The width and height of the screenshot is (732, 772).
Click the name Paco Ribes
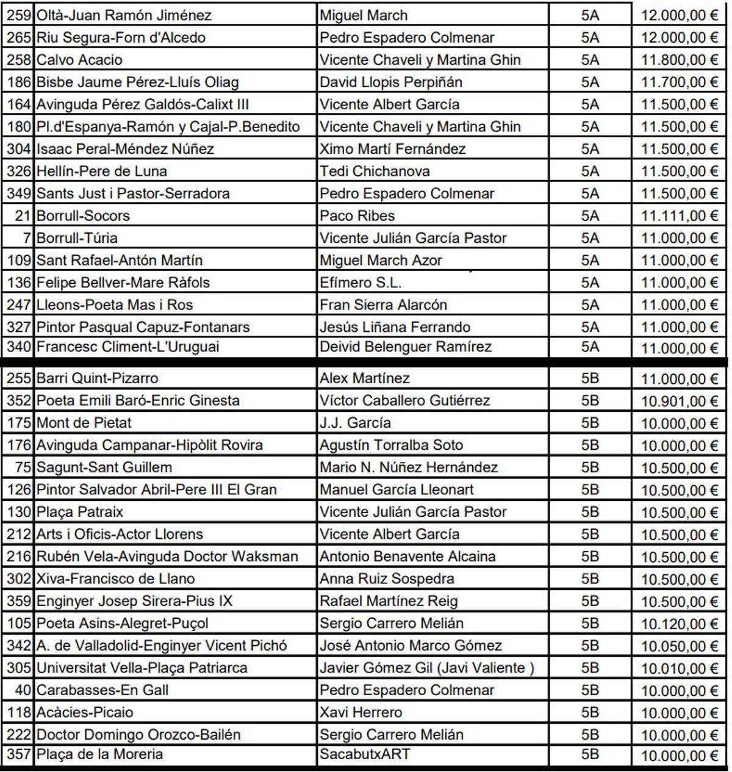pos(357,215)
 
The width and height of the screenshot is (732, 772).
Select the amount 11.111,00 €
pos(679,216)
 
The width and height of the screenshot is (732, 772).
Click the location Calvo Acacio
pos(79,60)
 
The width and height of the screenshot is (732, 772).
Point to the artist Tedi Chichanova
pos(375,171)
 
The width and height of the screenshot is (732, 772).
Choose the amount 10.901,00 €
pos(679,401)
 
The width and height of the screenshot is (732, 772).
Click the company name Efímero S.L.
pos(361,283)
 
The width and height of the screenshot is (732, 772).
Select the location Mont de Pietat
pos(84,422)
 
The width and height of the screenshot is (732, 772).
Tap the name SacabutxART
pos(365,754)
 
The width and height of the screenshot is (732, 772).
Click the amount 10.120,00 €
pos(679,624)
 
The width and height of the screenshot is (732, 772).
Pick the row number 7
pos(27,237)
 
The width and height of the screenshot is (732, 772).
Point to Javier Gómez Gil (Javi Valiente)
pos(427,668)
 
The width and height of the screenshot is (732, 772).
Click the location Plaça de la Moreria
pos(100,754)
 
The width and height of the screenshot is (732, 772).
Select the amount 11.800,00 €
pos(679,60)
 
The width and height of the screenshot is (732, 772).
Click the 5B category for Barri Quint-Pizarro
pos(590,378)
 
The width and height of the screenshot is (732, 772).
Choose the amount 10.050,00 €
pos(679,646)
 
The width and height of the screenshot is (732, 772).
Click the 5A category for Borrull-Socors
pos(590,215)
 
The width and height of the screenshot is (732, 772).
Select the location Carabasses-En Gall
pos(102,690)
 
